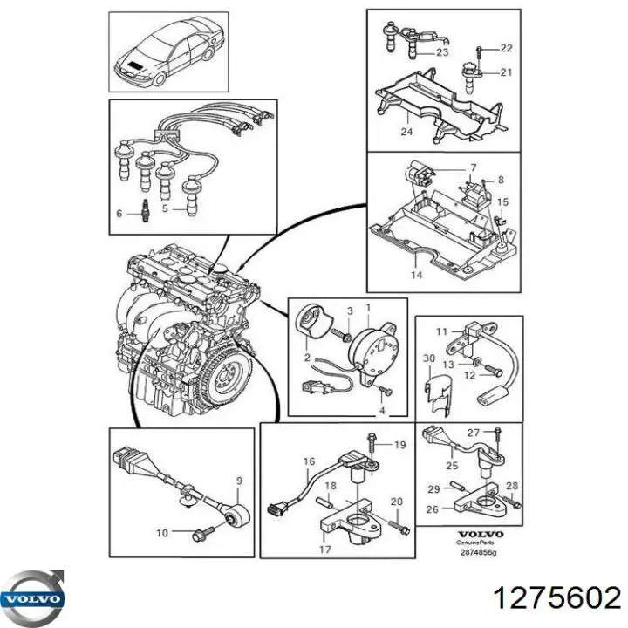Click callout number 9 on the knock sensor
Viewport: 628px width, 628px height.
pos(241,479)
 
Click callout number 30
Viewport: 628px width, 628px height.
pos(428,358)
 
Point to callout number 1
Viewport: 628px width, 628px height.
pos(367,307)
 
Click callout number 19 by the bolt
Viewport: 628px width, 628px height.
pos(399,445)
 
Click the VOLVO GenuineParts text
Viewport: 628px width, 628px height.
pos(481,539)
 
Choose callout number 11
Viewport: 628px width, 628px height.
pos(441,331)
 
